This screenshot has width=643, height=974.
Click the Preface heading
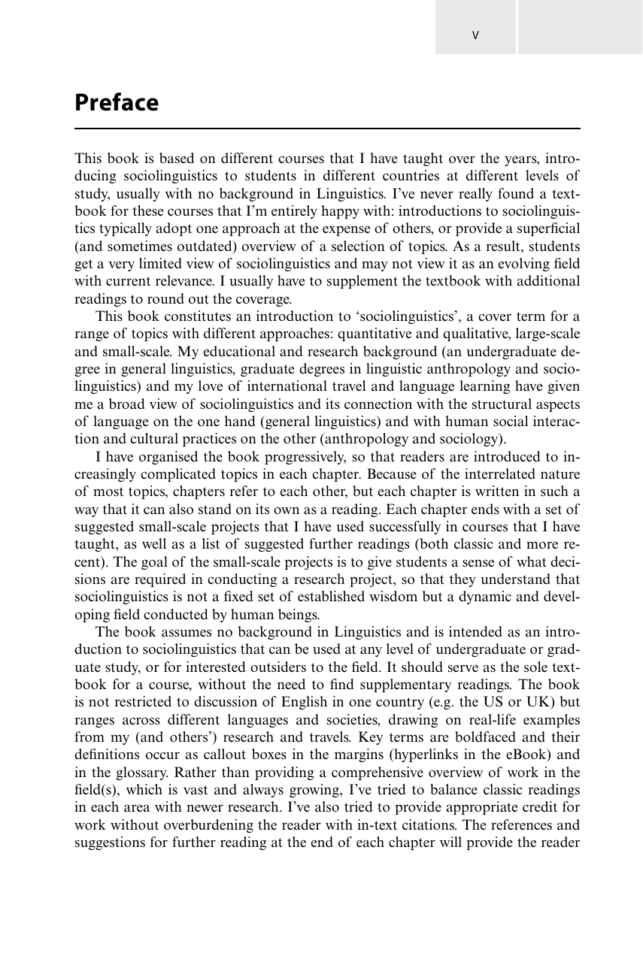117,103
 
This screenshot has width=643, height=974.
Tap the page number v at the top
475,35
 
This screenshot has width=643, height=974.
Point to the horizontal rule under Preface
327,129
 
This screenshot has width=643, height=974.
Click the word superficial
546,229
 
